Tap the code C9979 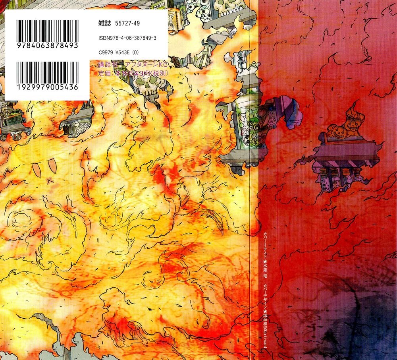point(105,50)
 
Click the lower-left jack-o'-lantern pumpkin point(335,129)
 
